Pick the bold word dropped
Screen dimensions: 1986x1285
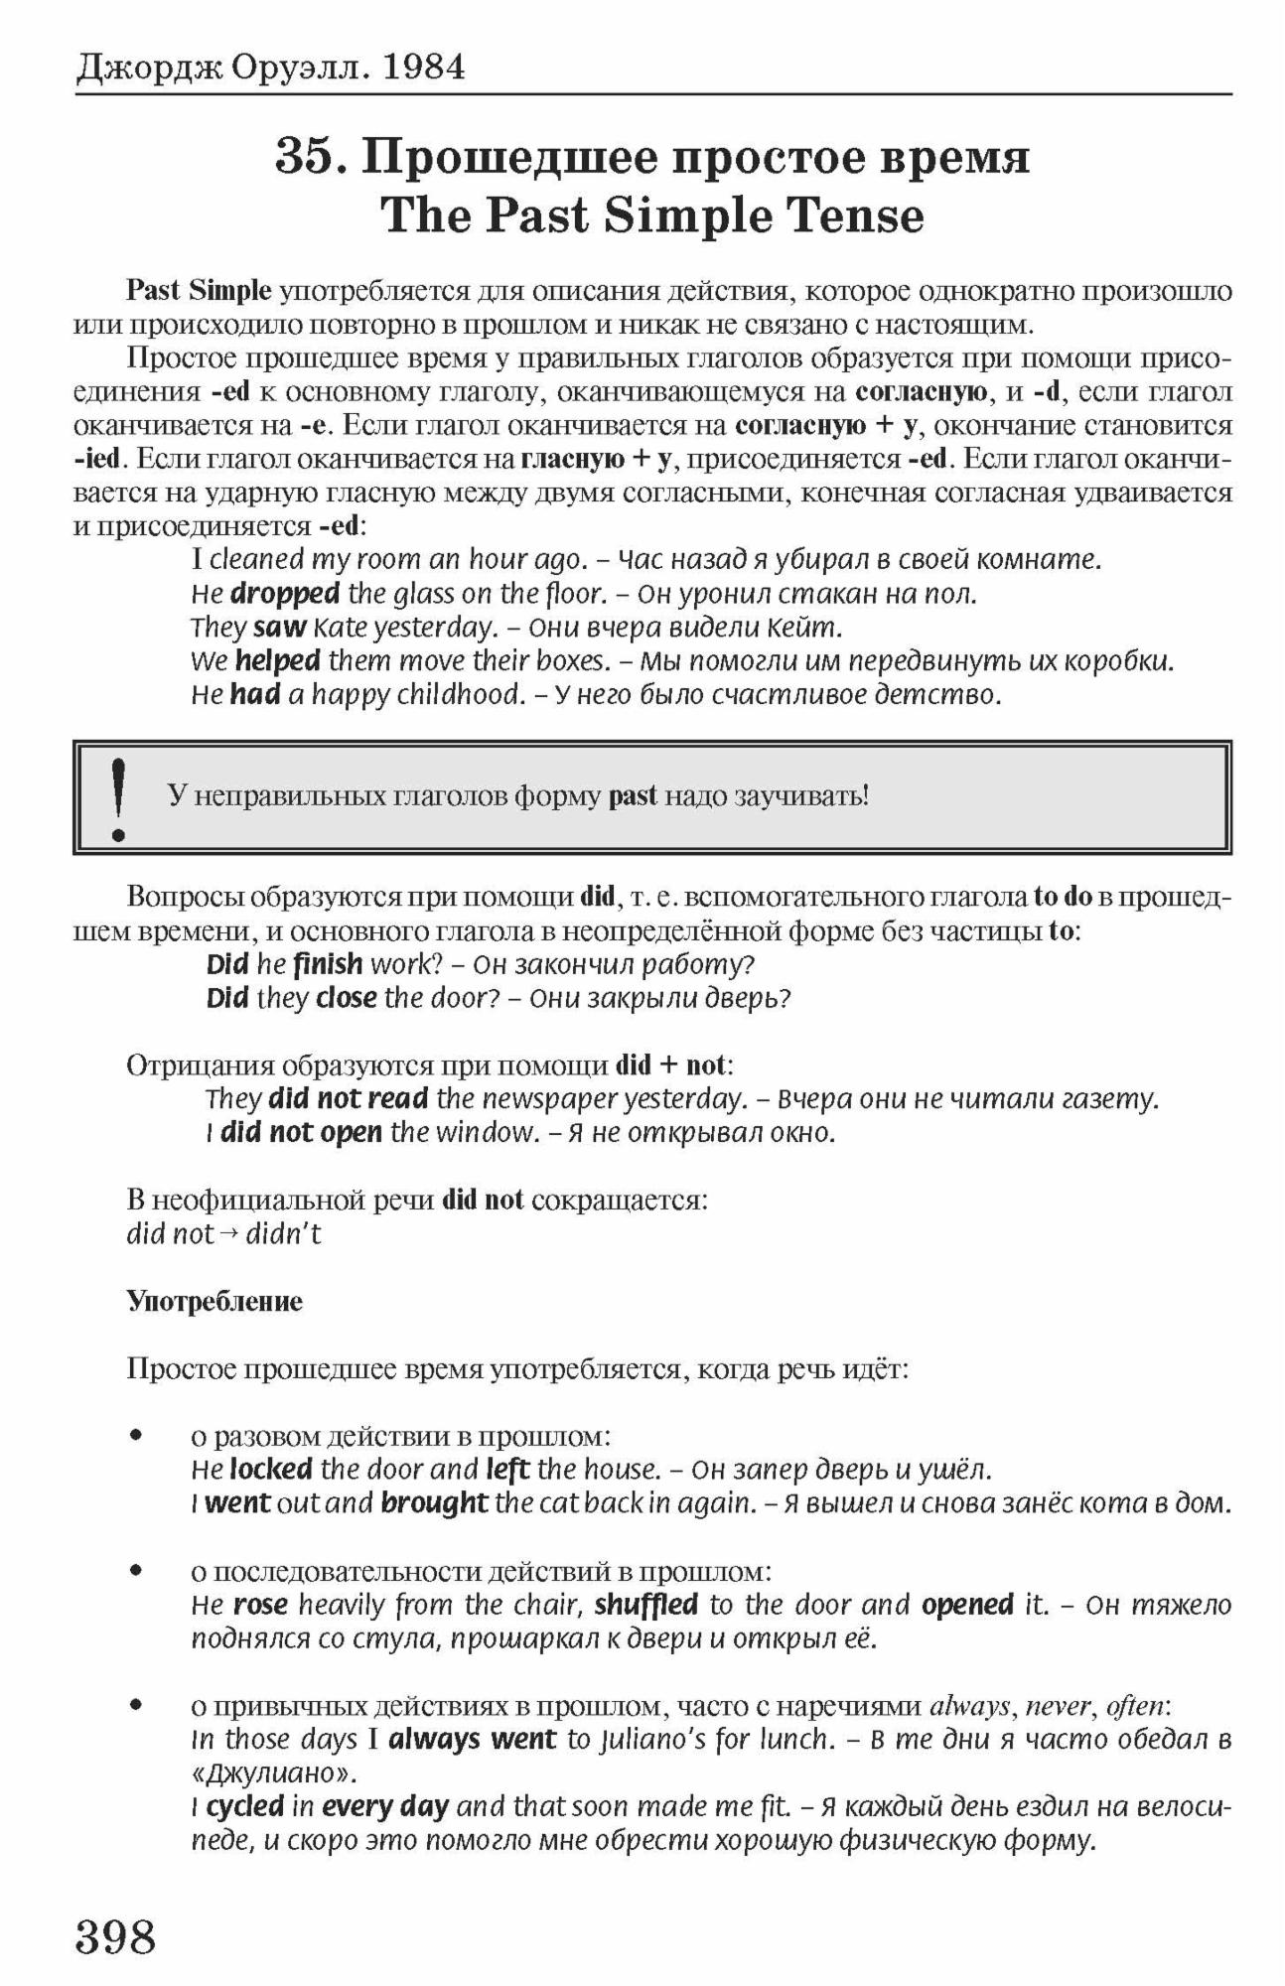point(285,594)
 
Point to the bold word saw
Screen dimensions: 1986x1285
point(279,628)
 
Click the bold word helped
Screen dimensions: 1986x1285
point(277,661)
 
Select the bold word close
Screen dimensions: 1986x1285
point(346,998)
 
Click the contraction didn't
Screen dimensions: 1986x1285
point(284,1234)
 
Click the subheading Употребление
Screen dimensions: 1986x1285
point(214,1301)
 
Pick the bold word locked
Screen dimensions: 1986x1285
point(270,1469)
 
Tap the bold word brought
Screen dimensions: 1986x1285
point(434,1502)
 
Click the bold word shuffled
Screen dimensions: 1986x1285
point(646,1605)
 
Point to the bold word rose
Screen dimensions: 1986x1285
point(260,1605)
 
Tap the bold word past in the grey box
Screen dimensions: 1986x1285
point(633,796)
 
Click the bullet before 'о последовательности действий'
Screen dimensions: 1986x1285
point(138,1571)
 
